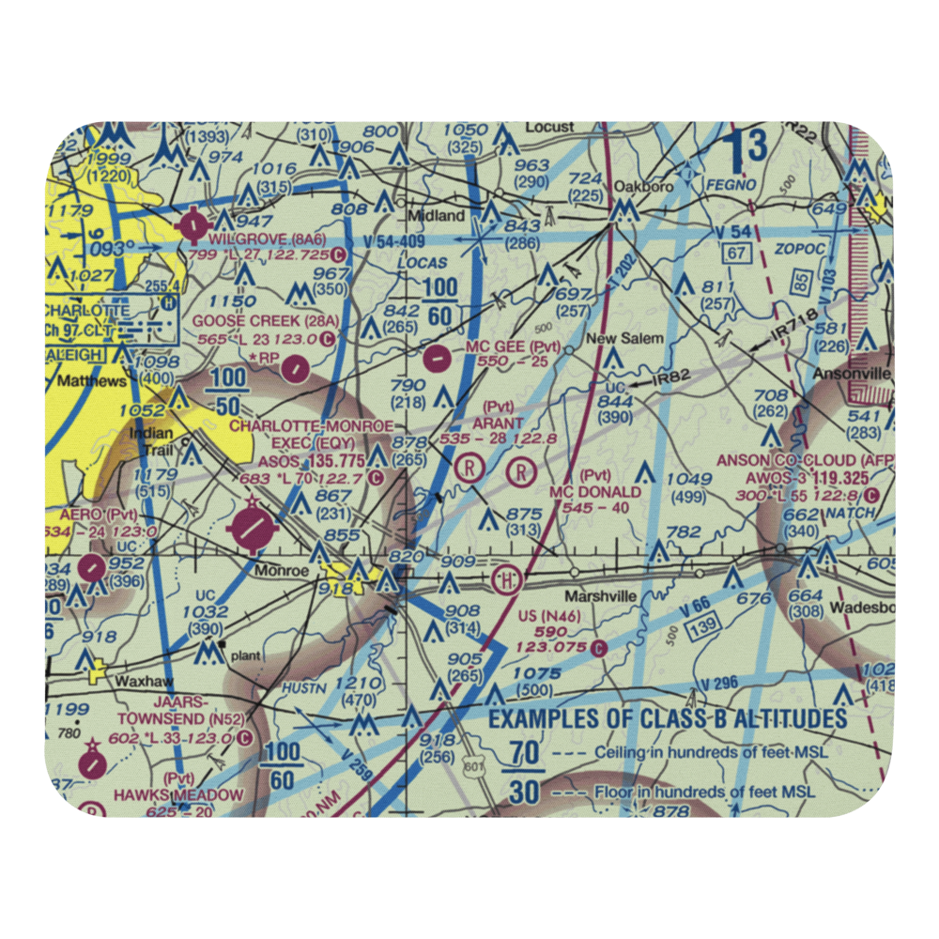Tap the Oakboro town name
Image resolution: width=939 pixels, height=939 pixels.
tap(643, 186)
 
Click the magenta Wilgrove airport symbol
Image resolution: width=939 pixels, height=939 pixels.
tap(194, 224)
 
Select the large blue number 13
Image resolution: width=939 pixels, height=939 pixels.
tap(749, 146)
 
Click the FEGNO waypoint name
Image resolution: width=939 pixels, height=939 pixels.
tap(737, 186)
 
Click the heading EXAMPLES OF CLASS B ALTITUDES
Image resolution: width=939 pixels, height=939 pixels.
tap(668, 720)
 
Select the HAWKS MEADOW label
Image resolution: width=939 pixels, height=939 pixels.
tap(178, 794)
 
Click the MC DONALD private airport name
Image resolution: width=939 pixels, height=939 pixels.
tap(595, 491)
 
